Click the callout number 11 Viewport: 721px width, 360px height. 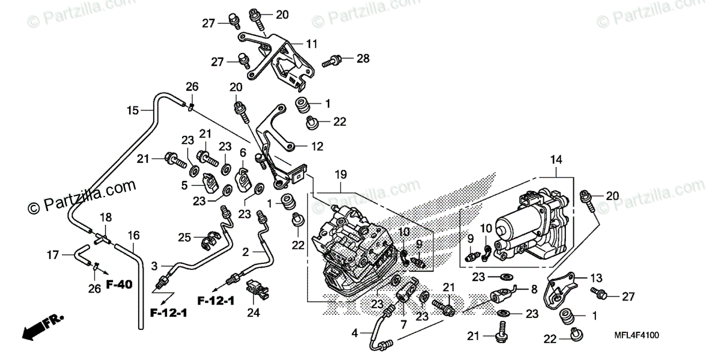(x=311, y=44)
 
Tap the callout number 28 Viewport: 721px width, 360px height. (x=362, y=58)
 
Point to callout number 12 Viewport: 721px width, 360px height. (x=317, y=146)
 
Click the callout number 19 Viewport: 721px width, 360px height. (x=341, y=175)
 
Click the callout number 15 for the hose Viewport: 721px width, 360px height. (x=132, y=110)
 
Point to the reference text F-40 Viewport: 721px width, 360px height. (x=119, y=282)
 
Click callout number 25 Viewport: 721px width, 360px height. (x=184, y=237)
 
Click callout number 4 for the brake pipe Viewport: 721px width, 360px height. (x=354, y=332)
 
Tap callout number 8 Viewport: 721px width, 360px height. (x=533, y=289)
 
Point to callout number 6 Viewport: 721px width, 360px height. (x=243, y=153)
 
